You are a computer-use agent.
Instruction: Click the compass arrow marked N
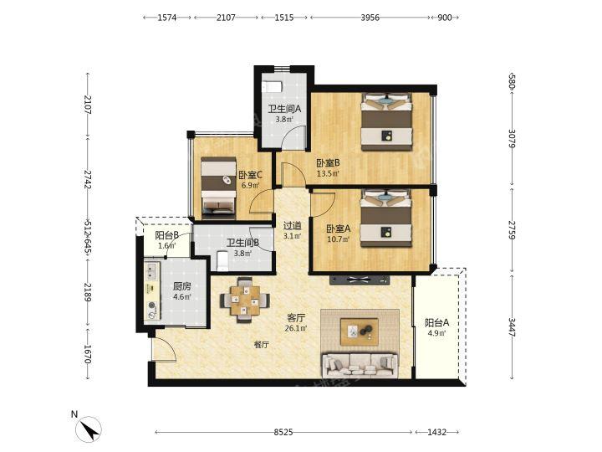click(x=89, y=429)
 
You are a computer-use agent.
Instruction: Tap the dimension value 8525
click(x=283, y=433)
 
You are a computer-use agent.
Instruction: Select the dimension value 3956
click(x=370, y=18)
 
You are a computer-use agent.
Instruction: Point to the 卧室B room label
click(x=328, y=163)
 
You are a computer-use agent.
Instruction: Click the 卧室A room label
click(x=339, y=229)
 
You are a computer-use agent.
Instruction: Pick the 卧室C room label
click(x=250, y=175)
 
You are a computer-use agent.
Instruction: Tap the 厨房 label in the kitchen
click(x=182, y=286)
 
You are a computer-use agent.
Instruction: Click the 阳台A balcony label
click(x=437, y=322)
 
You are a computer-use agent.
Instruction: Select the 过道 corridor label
click(x=292, y=226)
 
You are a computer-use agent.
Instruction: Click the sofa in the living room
click(x=360, y=365)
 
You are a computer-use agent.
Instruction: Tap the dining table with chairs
click(x=245, y=300)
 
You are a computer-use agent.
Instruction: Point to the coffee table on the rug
click(x=360, y=331)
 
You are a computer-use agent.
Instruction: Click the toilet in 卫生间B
click(x=222, y=260)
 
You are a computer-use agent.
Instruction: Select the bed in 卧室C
click(x=218, y=185)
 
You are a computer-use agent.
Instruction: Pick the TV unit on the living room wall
click(x=360, y=280)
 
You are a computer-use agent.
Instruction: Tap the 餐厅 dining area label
click(x=261, y=345)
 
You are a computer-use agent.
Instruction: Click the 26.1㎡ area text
click(x=296, y=328)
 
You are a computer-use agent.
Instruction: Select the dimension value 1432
click(x=437, y=433)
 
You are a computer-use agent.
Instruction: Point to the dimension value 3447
click(x=513, y=326)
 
